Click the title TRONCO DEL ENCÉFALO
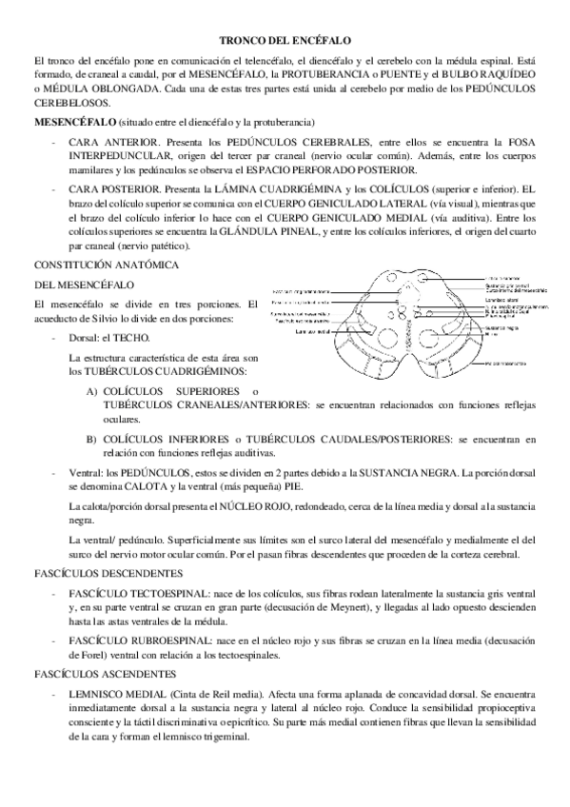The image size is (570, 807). click(x=285, y=41)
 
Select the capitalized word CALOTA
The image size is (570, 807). click(x=137, y=485)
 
